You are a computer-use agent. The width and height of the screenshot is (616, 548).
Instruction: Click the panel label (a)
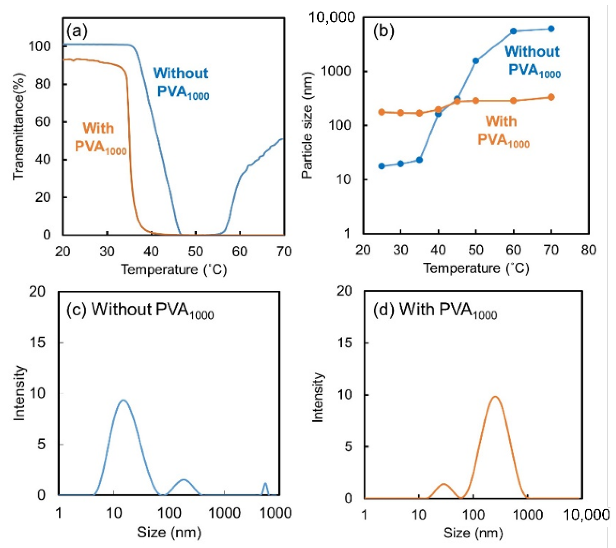[x=77, y=31]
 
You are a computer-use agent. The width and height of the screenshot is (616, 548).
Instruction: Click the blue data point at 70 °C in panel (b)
[x=551, y=29]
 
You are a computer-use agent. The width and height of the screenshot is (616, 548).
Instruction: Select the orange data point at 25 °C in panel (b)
[x=382, y=112]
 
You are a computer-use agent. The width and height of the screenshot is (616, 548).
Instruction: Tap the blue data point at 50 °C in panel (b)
[x=476, y=61]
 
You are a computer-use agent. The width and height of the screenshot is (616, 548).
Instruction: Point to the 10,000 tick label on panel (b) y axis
[x=332, y=17]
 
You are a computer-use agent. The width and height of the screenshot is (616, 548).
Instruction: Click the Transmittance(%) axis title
[x=19, y=126]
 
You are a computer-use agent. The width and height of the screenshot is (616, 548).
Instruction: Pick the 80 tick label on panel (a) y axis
[x=43, y=84]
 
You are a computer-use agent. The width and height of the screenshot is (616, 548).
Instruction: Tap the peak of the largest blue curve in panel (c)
[x=123, y=400]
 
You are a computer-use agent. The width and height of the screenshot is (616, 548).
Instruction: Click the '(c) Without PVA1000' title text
[x=140, y=309]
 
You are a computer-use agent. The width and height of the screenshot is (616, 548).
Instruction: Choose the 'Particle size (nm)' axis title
[x=307, y=125]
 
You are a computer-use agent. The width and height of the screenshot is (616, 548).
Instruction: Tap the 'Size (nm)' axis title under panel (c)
[x=169, y=532]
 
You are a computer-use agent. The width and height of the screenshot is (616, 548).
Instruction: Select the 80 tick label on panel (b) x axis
[x=588, y=250]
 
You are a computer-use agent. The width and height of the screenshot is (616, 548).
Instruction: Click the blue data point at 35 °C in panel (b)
[x=419, y=160]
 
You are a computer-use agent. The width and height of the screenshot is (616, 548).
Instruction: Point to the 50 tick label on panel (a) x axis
[x=195, y=251]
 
